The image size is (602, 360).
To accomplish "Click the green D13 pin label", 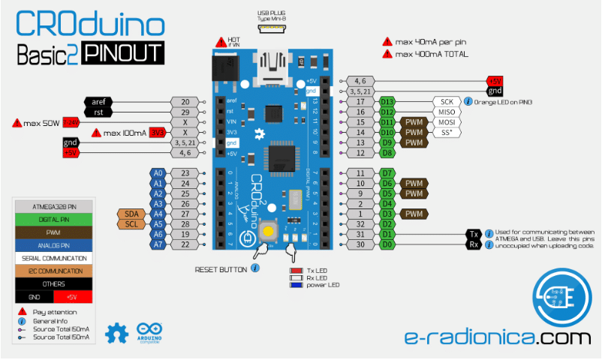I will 387,101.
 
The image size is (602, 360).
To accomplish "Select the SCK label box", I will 446,101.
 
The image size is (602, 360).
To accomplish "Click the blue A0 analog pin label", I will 158,172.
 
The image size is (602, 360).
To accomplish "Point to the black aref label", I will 98,101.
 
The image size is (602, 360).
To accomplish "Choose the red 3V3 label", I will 157,133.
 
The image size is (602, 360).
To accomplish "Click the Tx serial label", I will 474,234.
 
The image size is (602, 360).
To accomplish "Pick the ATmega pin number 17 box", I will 360,101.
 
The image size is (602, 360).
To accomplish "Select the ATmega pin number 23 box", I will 185,172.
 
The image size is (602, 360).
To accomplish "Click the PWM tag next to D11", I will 414,122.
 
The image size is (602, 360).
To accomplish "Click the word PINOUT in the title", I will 122,53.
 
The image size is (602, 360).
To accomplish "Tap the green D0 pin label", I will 387,244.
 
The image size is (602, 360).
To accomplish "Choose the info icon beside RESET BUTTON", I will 255,268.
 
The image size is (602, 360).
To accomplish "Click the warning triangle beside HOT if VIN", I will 220,43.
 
